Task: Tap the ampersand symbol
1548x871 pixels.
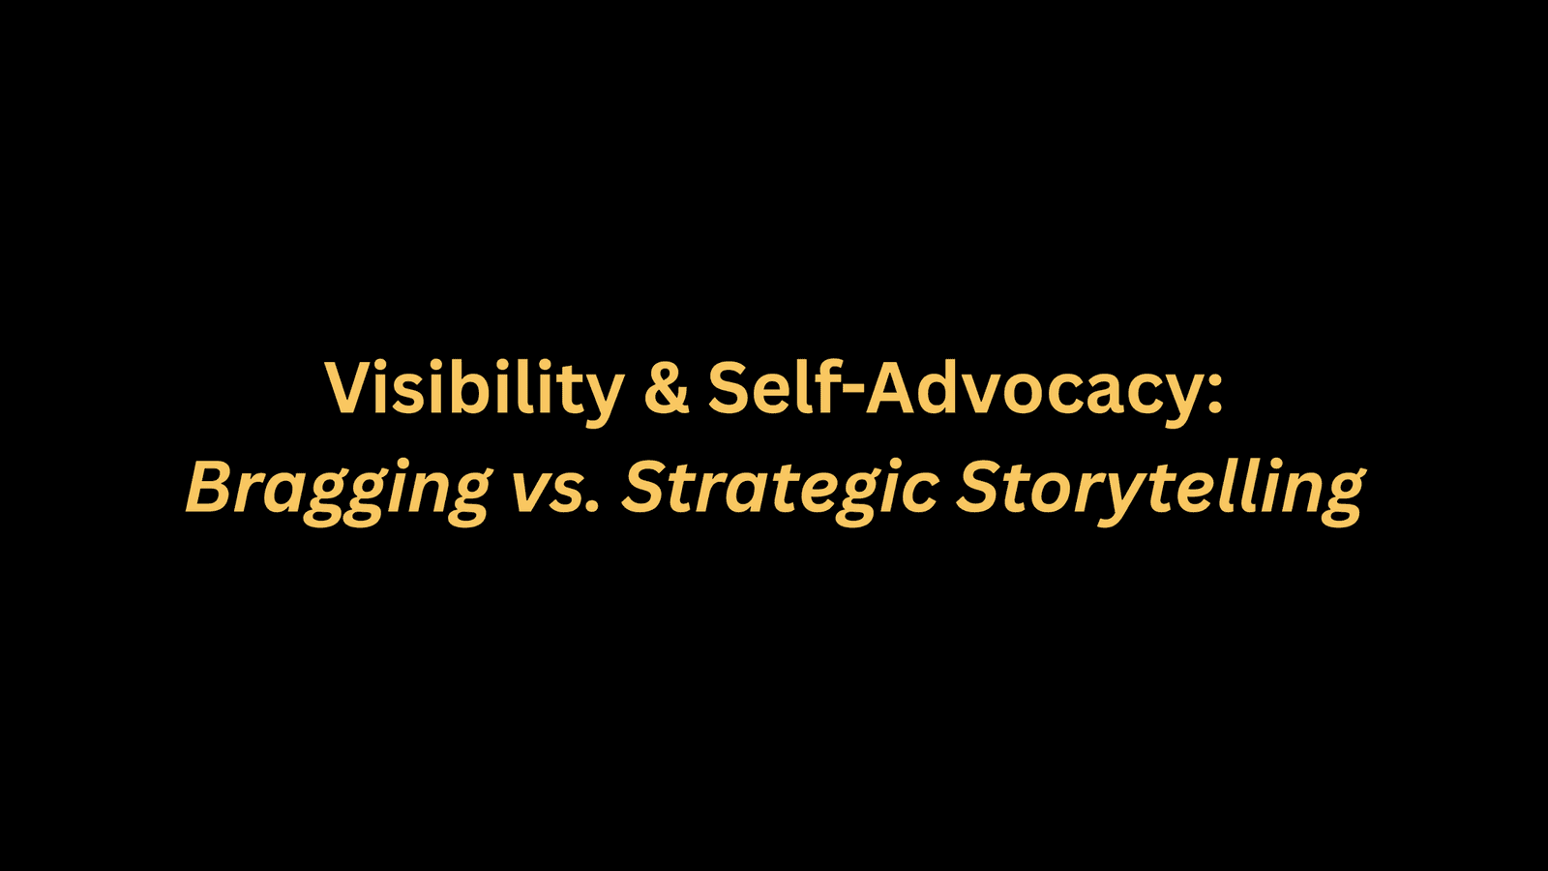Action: [667, 389]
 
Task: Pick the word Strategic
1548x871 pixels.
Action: [780, 490]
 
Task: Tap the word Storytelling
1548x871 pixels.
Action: [1161, 490]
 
